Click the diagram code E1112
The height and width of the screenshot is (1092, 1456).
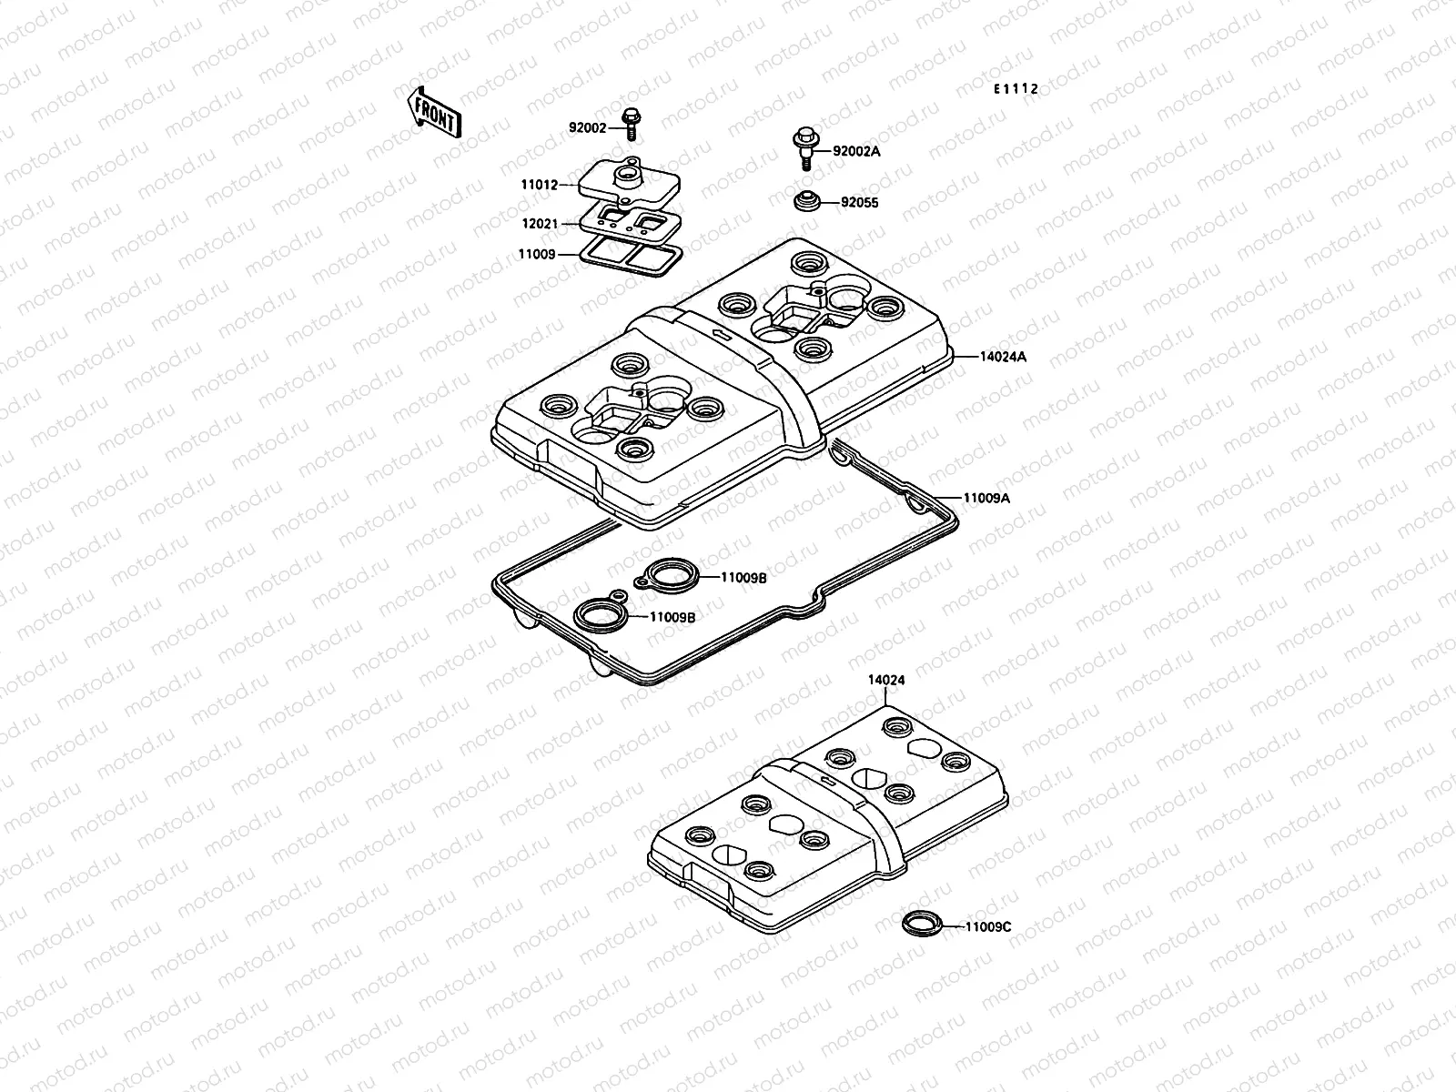pos(1015,89)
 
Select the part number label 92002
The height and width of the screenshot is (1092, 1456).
pos(587,129)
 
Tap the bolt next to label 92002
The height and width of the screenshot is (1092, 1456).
pos(629,124)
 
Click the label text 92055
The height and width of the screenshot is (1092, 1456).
pos(859,203)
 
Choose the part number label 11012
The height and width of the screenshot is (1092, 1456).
pos(539,185)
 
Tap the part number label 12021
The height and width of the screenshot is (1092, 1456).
pos(539,223)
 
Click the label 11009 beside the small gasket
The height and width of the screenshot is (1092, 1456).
pos(536,255)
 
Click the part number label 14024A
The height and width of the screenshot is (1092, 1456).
pos(1003,357)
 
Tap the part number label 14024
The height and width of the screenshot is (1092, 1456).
pos(885,680)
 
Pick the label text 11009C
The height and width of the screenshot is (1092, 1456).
pos(988,927)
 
